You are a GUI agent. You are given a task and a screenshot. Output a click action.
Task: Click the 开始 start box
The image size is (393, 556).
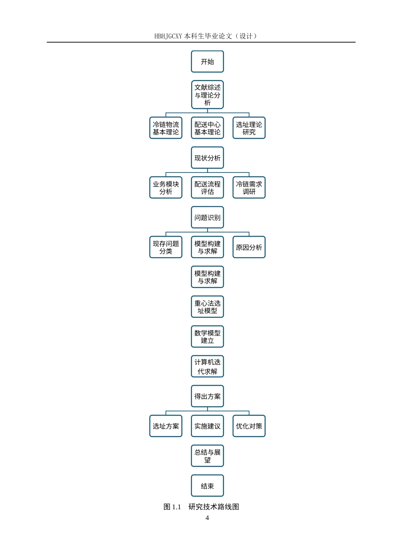tap(207, 62)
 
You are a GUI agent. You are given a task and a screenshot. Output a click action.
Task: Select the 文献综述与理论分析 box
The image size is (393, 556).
tap(207, 95)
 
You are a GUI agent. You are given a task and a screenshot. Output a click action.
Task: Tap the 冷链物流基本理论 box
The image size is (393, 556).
tap(166, 128)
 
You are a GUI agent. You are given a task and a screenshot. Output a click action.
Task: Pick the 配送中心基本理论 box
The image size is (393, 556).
tap(207, 128)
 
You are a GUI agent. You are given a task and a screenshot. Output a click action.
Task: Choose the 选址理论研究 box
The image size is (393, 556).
tap(249, 128)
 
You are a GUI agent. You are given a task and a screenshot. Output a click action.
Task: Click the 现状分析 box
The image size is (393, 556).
tap(207, 158)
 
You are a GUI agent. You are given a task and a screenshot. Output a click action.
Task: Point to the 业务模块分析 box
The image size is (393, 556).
tap(166, 188)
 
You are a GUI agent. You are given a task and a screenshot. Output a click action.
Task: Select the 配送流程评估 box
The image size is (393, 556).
tap(207, 188)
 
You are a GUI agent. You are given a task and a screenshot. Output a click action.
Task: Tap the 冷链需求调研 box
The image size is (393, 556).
tap(249, 188)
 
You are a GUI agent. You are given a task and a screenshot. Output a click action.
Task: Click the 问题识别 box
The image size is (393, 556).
tap(207, 218)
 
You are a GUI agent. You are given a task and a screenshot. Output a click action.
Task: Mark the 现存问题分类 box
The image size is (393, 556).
tap(166, 247)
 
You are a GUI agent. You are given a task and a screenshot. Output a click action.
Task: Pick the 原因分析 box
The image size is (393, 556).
tap(249, 247)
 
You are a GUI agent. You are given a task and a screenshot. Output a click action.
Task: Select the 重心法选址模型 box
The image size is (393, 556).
tap(207, 307)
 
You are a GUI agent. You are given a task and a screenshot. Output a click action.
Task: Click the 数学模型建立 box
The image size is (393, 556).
tap(207, 337)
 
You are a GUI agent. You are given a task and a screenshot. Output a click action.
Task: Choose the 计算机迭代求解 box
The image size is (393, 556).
tap(207, 367)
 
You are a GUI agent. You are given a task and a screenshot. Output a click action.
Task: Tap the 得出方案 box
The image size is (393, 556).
tap(207, 396)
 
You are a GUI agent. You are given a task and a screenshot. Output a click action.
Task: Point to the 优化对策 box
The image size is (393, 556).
tap(249, 426)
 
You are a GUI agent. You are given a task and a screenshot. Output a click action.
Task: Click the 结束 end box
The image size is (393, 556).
tap(207, 486)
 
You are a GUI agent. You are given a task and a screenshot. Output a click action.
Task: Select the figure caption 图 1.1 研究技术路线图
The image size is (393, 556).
tap(201, 507)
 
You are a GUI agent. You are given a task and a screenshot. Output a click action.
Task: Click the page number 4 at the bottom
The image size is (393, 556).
tap(207, 518)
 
